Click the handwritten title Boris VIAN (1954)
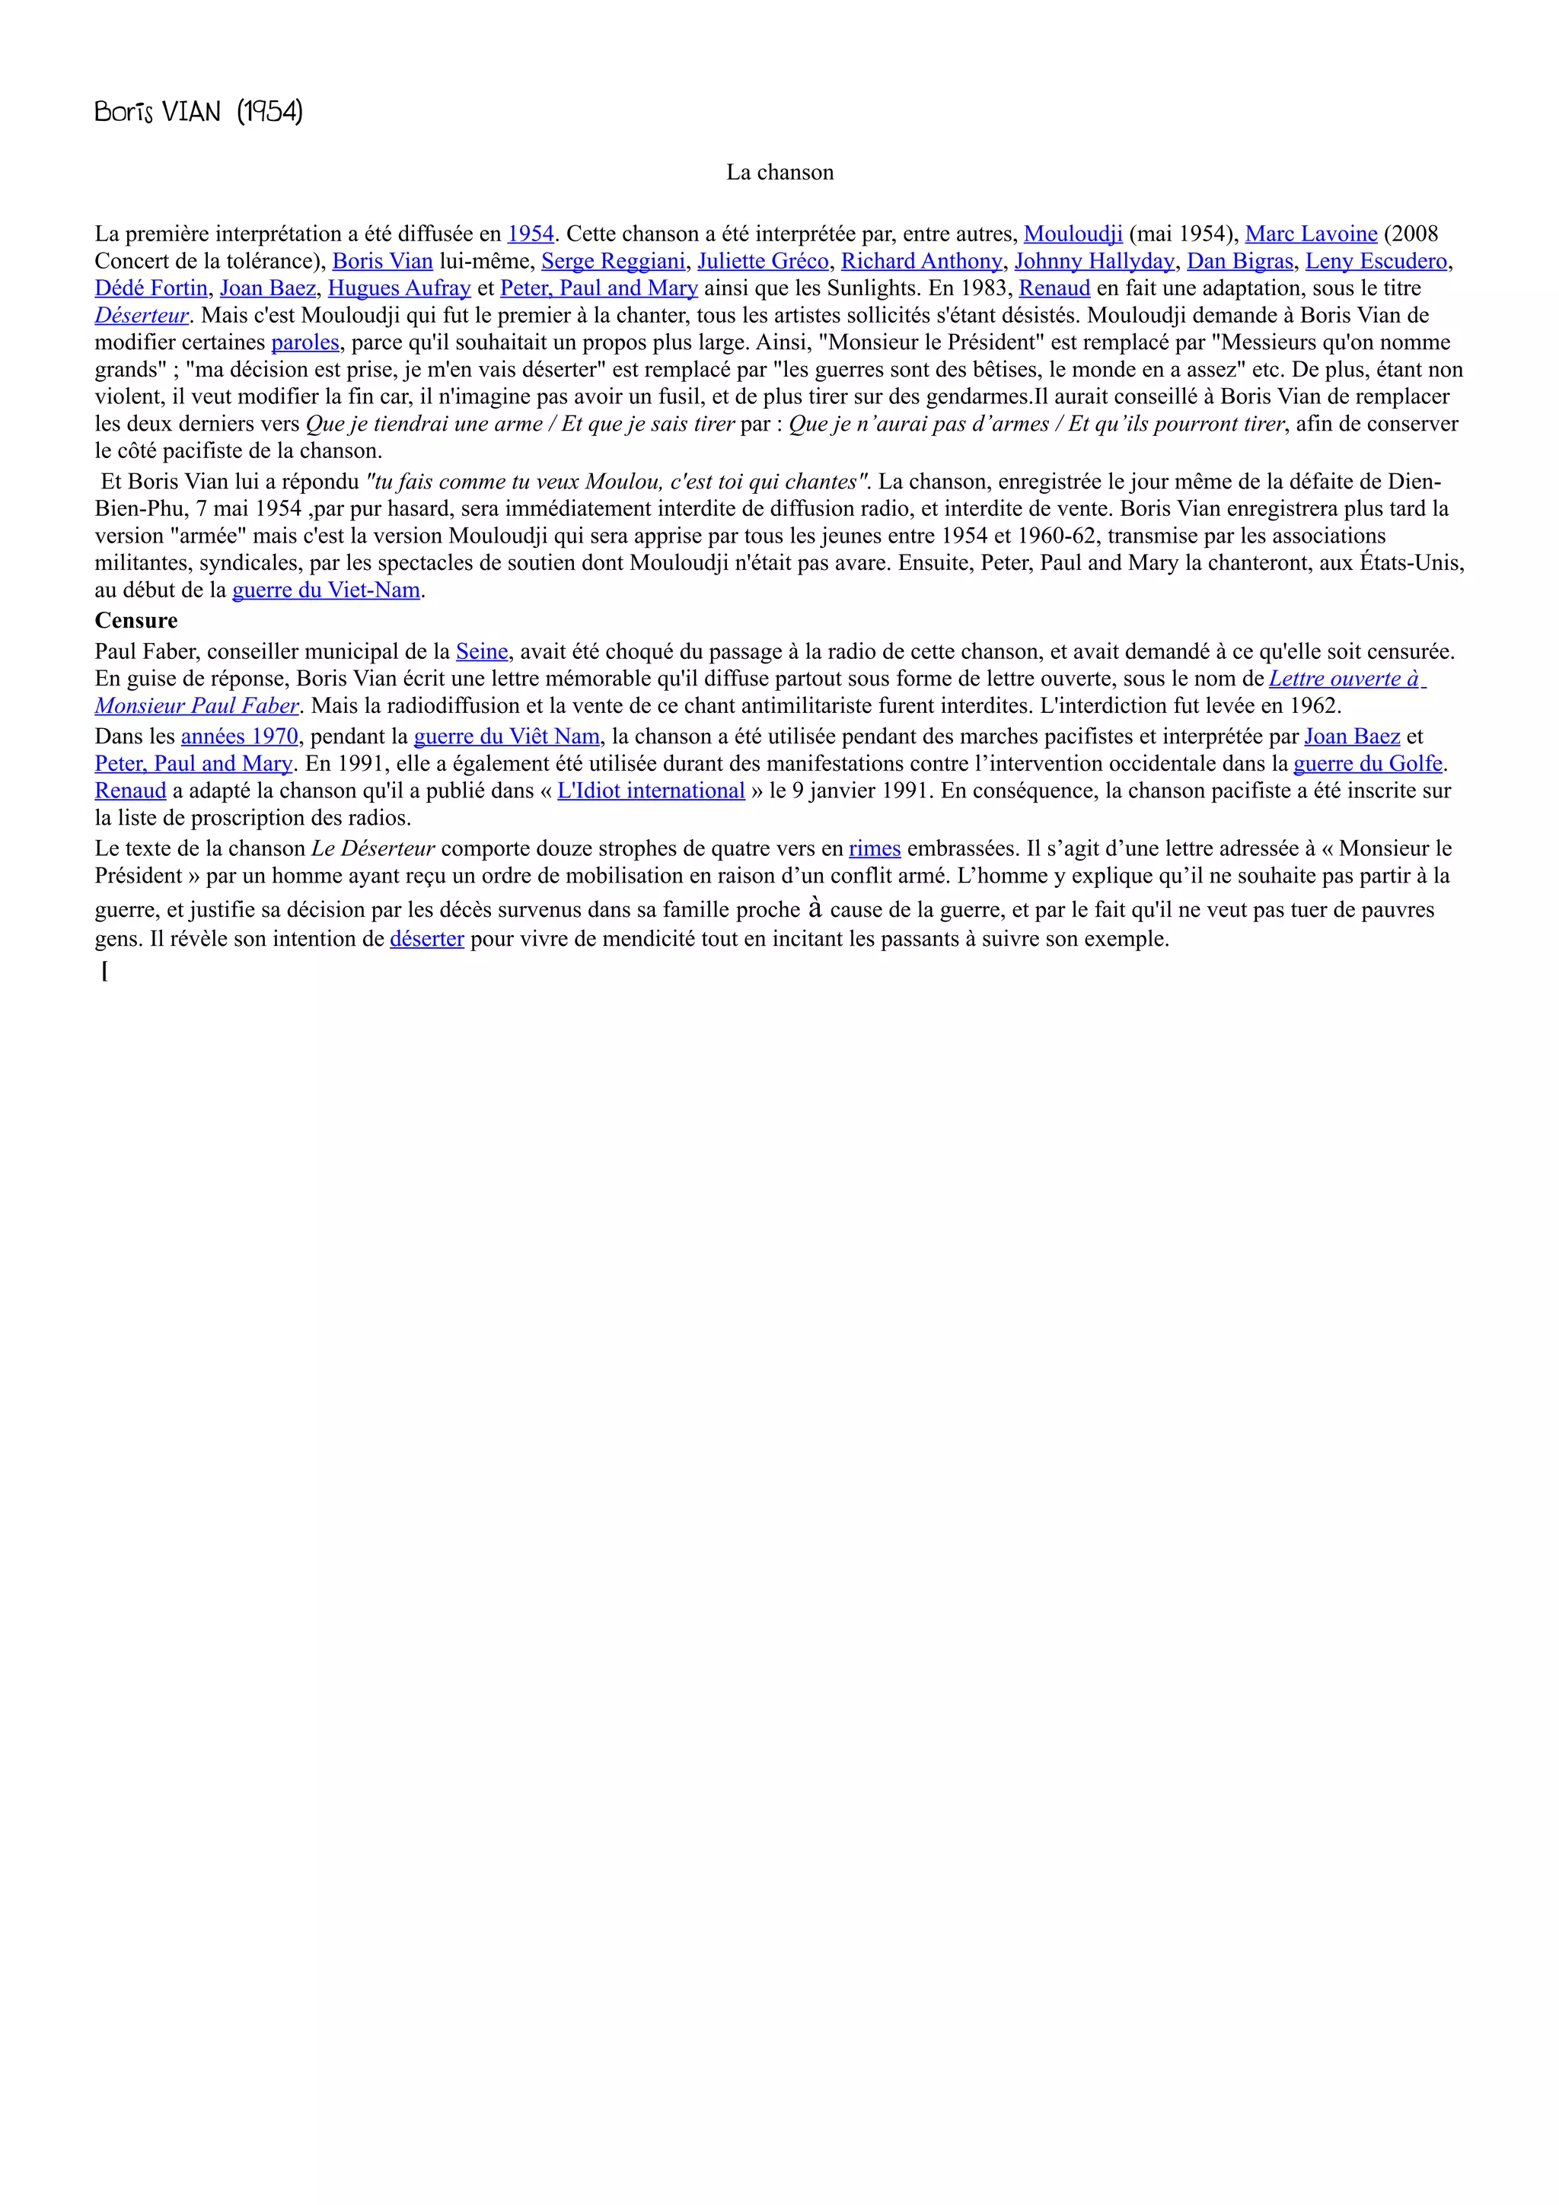click(199, 113)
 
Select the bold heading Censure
click(135, 620)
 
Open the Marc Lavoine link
click(1311, 234)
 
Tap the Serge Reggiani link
click(613, 261)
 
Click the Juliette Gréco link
click(763, 261)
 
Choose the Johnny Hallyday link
click(1094, 261)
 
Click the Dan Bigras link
click(1240, 261)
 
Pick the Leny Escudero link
click(1376, 261)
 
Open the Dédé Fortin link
click(151, 288)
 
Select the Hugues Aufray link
click(399, 288)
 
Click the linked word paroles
click(305, 343)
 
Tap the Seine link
click(481, 652)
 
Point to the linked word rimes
click(874, 849)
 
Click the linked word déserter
click(426, 939)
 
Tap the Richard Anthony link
click(921, 261)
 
